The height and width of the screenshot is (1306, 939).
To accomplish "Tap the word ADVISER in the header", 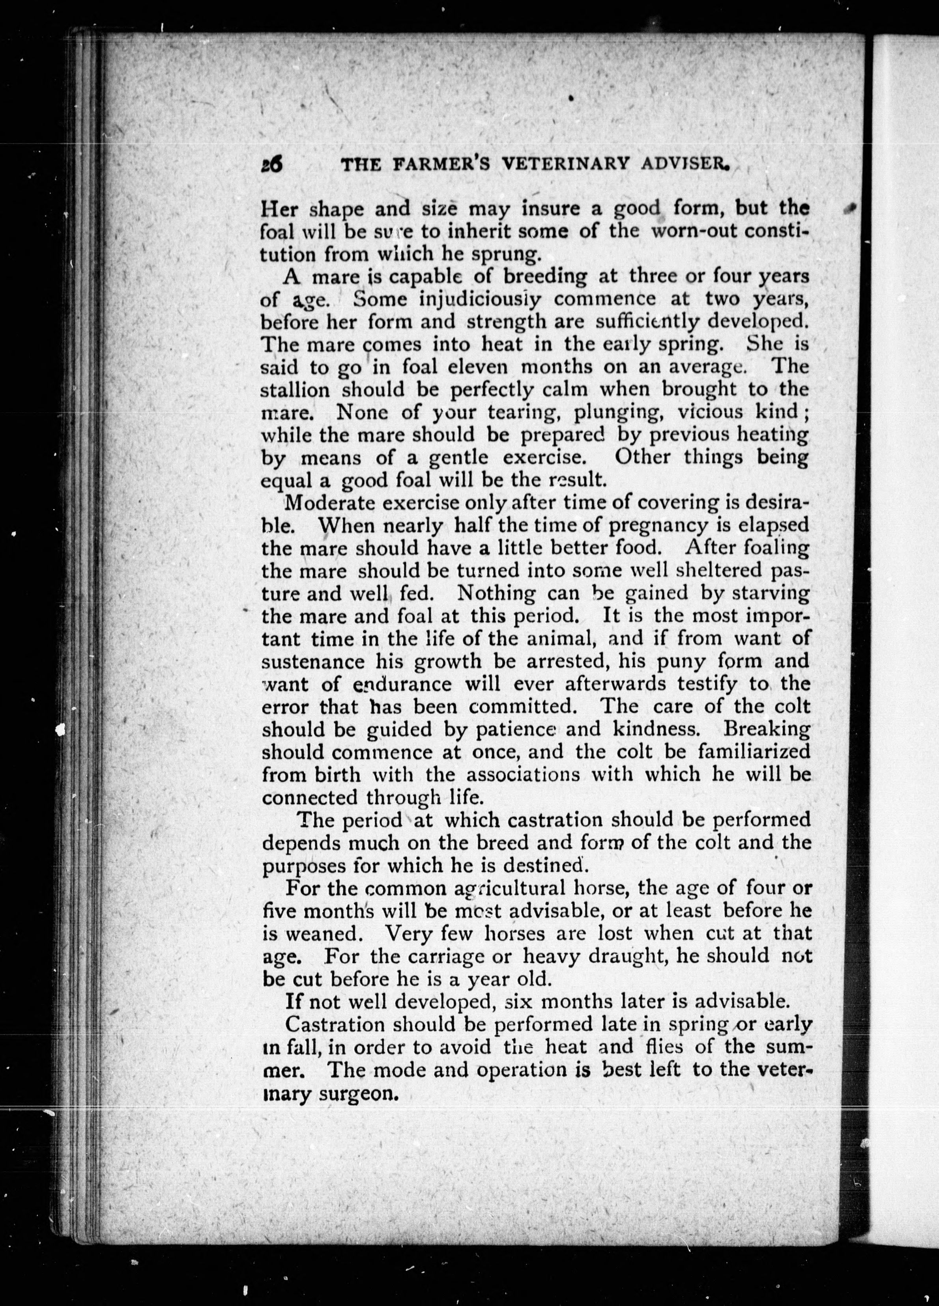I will point(682,166).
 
